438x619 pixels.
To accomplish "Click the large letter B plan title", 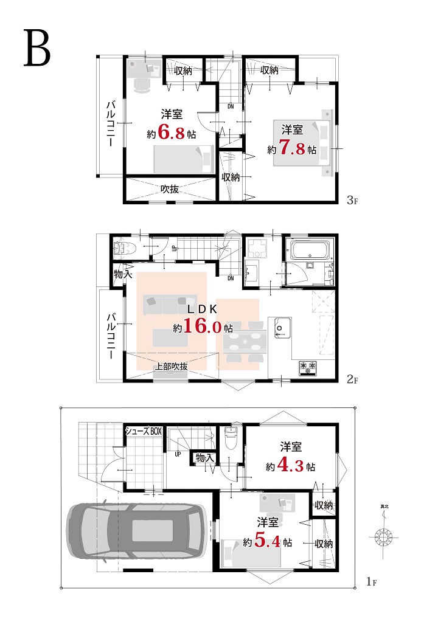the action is point(37,48).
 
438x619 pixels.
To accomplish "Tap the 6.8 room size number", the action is point(172,132).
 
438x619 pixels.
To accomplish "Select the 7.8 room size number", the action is point(292,148).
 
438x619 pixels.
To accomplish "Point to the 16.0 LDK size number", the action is point(202,326).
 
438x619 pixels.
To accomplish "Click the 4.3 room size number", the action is point(290,465).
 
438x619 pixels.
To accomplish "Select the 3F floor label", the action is point(352,200).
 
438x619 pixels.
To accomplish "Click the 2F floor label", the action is point(352,379).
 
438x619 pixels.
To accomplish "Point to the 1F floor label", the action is point(372,581).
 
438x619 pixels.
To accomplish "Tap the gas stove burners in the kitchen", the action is point(308,367).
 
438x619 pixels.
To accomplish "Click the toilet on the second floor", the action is point(125,248).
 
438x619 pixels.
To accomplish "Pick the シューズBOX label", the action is point(144,431).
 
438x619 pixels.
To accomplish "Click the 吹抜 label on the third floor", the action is point(170,189).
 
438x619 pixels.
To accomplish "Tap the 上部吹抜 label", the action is point(170,366).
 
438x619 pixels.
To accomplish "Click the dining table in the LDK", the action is point(245,342).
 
